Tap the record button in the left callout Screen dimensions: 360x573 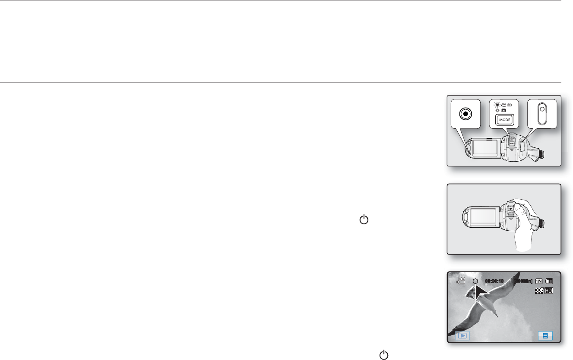click(465, 114)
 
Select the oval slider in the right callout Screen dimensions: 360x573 click(542, 114)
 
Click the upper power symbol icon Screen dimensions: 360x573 click(364, 220)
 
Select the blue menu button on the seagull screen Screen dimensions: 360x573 click(545, 335)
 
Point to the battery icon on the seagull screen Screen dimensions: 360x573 click(548, 281)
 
